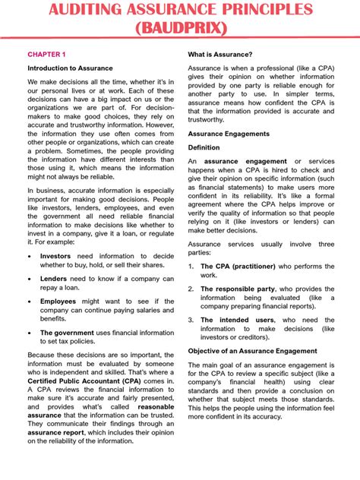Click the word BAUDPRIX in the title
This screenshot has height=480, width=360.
(x=180, y=30)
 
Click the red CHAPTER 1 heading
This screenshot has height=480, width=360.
(x=47, y=55)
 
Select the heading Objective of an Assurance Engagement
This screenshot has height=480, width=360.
(x=252, y=351)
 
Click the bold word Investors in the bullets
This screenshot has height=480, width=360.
(x=55, y=257)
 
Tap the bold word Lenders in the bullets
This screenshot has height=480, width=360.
(x=54, y=279)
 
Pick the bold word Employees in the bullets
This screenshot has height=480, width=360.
(x=58, y=301)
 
